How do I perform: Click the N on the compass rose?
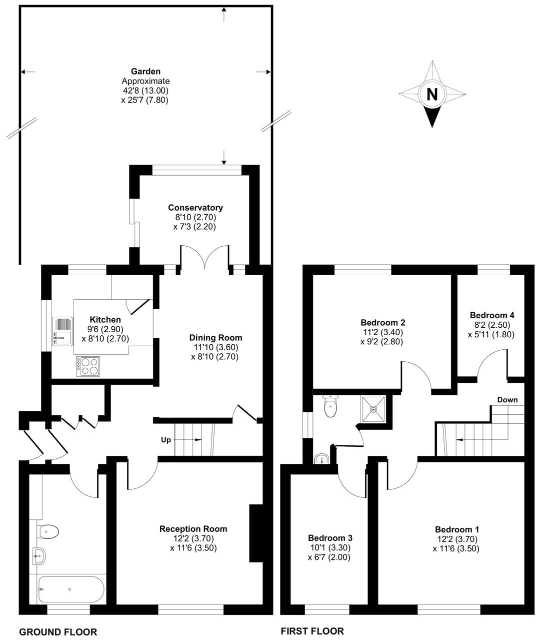pyautogui.click(x=432, y=94)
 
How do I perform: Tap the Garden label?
pyautogui.click(x=145, y=72)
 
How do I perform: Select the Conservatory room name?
pyautogui.click(x=195, y=208)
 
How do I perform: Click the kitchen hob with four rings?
pyautogui.click(x=88, y=366)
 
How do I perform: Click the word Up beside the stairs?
pyautogui.click(x=165, y=440)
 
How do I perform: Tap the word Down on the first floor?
pyautogui.click(x=507, y=400)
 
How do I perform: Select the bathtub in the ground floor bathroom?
pyautogui.click(x=71, y=589)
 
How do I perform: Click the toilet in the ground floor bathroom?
pyautogui.click(x=48, y=530)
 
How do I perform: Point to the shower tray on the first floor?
pyautogui.click(x=373, y=409)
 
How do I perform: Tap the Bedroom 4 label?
pyautogui.click(x=491, y=315)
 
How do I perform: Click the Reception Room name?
pyautogui.click(x=193, y=529)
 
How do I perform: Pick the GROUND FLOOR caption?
pyautogui.click(x=58, y=632)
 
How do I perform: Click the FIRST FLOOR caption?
pyautogui.click(x=312, y=631)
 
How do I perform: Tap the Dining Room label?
pyautogui.click(x=215, y=338)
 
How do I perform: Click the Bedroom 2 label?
pyautogui.click(x=382, y=322)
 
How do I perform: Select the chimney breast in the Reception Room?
pyautogui.click(x=255, y=534)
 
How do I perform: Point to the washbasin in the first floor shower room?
pyautogui.click(x=321, y=458)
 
